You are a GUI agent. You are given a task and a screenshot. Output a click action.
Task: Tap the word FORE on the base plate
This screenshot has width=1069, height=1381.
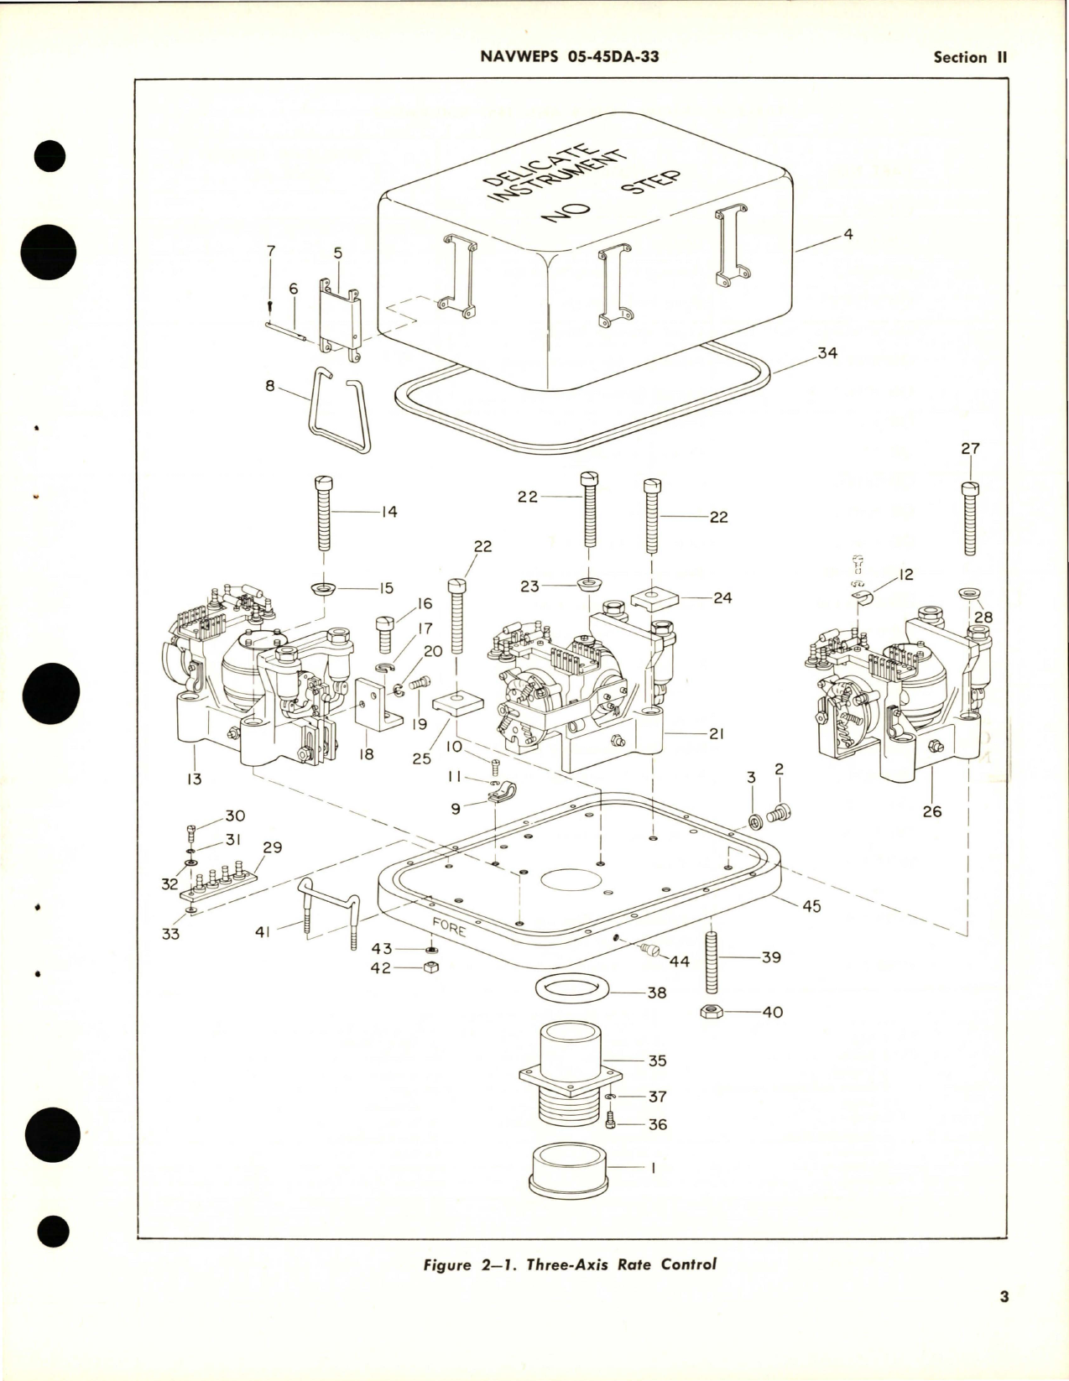tap(449, 928)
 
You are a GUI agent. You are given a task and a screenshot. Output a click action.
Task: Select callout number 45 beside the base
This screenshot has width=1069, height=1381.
tap(811, 906)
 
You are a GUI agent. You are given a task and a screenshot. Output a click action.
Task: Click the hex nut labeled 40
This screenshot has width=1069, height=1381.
tap(712, 1013)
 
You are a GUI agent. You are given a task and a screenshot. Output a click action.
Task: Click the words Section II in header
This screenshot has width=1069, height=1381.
tap(969, 57)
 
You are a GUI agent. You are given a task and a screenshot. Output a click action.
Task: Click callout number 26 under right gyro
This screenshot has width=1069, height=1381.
tap(931, 811)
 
